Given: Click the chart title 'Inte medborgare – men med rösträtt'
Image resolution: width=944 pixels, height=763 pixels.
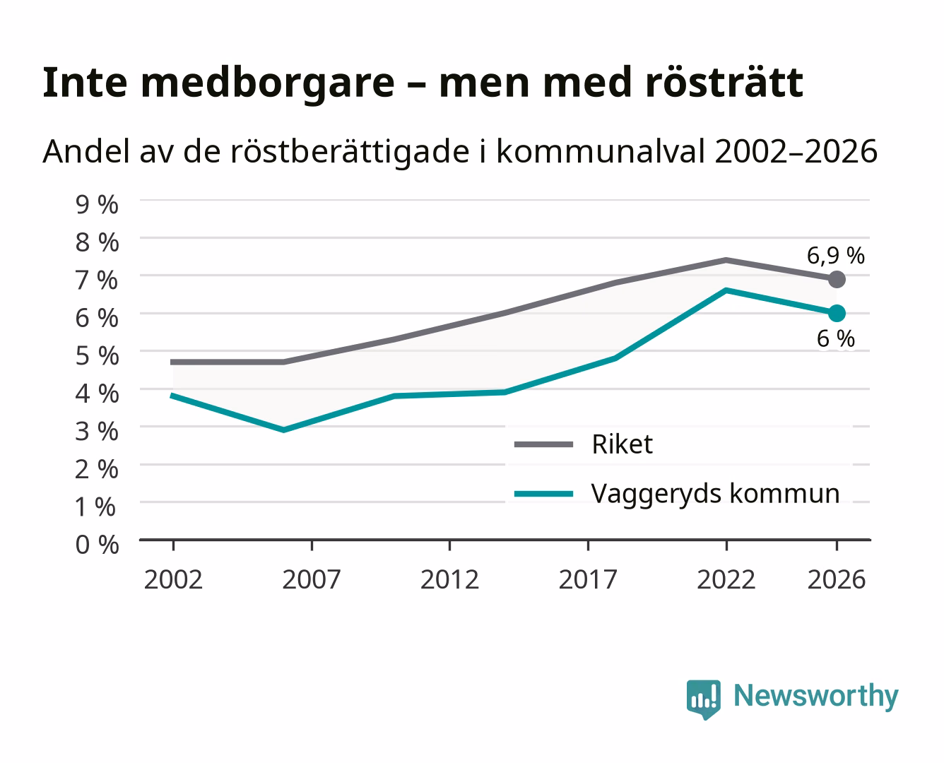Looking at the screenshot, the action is coord(423,83).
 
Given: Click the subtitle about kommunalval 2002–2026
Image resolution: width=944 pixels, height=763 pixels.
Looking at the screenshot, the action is coord(460,152).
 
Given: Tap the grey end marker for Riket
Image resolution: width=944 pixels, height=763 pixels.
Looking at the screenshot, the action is coord(837,280).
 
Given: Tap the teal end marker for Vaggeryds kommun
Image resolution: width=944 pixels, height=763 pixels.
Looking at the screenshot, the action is coord(837,313).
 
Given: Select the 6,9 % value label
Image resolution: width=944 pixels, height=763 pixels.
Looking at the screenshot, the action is coord(835,256).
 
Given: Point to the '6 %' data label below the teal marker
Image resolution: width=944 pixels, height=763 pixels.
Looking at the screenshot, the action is coord(836,339).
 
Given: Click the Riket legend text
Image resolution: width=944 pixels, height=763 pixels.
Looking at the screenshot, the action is coord(623,444).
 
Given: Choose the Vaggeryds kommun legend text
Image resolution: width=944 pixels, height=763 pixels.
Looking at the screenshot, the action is coord(715,494).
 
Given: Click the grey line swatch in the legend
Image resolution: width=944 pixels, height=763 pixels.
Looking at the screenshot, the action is coord(544,444).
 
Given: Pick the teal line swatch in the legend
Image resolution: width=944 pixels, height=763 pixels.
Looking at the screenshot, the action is coord(544,494).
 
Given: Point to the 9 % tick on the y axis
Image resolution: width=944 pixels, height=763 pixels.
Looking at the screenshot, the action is coord(97,205).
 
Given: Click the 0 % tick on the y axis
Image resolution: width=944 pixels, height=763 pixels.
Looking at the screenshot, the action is coord(97,545).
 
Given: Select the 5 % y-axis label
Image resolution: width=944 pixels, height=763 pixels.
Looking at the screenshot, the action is coord(97,356).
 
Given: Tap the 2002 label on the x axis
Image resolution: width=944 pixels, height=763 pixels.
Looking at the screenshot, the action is coord(173,579).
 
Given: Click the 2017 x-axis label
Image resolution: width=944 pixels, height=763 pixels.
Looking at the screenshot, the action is coord(588,579).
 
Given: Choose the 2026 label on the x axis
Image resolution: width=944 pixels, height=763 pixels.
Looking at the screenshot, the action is coord(837,579).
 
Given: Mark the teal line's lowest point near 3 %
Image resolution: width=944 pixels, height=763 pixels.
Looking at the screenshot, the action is coord(283,430).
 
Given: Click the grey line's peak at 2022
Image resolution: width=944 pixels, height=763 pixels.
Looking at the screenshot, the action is coord(726,260).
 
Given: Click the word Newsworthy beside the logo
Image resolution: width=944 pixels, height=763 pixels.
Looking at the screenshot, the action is coord(816,696).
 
